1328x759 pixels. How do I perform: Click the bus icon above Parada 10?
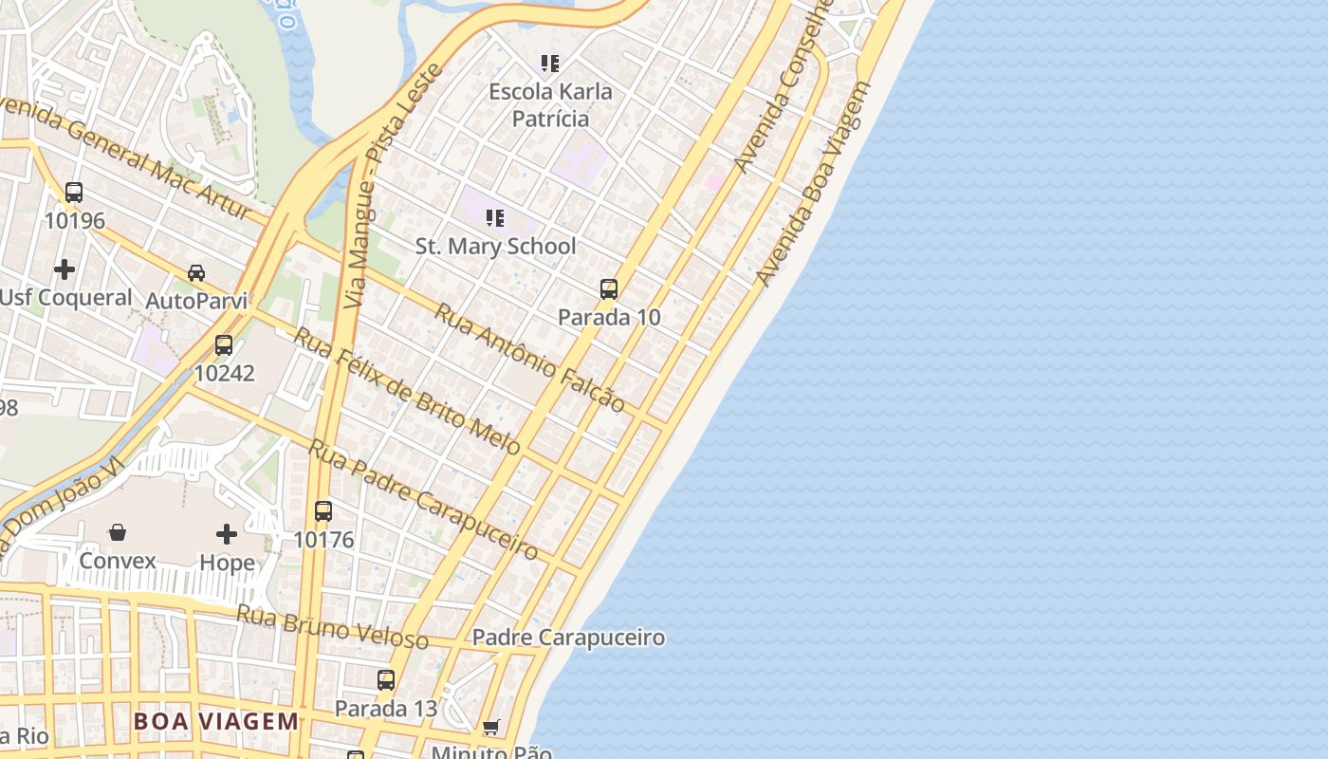609,289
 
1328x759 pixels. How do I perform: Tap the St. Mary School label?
495,247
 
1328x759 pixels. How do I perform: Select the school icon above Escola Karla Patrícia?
550,64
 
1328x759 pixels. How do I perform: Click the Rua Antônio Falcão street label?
529,358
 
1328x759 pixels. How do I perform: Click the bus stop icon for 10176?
323,511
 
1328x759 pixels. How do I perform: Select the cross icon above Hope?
227,534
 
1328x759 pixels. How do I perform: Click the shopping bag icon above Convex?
118,532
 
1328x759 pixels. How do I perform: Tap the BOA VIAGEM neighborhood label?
216,721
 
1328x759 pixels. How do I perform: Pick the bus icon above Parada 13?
386,680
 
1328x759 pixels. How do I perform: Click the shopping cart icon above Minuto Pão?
491,728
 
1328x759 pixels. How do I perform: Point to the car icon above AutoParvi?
196,273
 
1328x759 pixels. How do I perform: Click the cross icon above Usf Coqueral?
65,269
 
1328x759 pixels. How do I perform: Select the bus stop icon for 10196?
74,193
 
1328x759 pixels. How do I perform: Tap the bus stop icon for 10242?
224,345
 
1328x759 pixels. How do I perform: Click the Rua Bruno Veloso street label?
332,627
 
